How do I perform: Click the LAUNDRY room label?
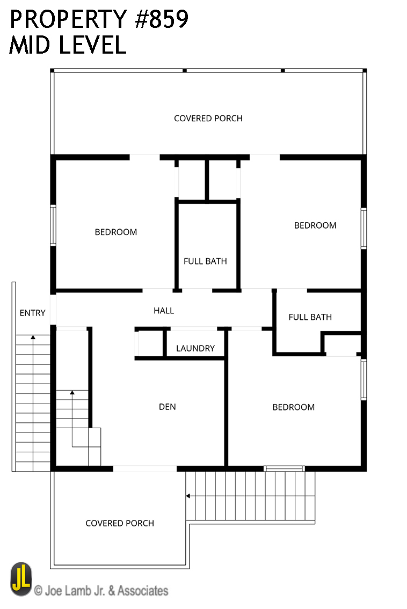tap(195, 348)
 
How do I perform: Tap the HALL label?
tap(164, 311)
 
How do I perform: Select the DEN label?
tap(167, 407)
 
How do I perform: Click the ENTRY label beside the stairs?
tap(33, 313)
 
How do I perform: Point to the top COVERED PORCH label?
tap(208, 119)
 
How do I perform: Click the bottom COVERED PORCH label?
tap(120, 523)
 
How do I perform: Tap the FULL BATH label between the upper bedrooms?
tap(205, 261)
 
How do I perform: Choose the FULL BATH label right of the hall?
tap(310, 317)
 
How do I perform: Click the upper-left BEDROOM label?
tap(116, 232)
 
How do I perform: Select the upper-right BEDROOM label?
tap(315, 226)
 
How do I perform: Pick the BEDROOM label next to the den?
tap(294, 407)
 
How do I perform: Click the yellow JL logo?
tap(21, 579)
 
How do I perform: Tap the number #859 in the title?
tap(162, 19)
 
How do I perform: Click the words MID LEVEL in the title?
tap(68, 45)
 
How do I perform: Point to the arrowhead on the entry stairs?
tap(33, 337)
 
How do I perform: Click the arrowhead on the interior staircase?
tap(72, 393)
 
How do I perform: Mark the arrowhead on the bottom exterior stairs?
tap(188, 496)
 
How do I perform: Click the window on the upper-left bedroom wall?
tap(53, 225)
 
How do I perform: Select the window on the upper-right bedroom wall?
tap(364, 229)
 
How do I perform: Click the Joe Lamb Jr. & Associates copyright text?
tap(101, 591)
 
